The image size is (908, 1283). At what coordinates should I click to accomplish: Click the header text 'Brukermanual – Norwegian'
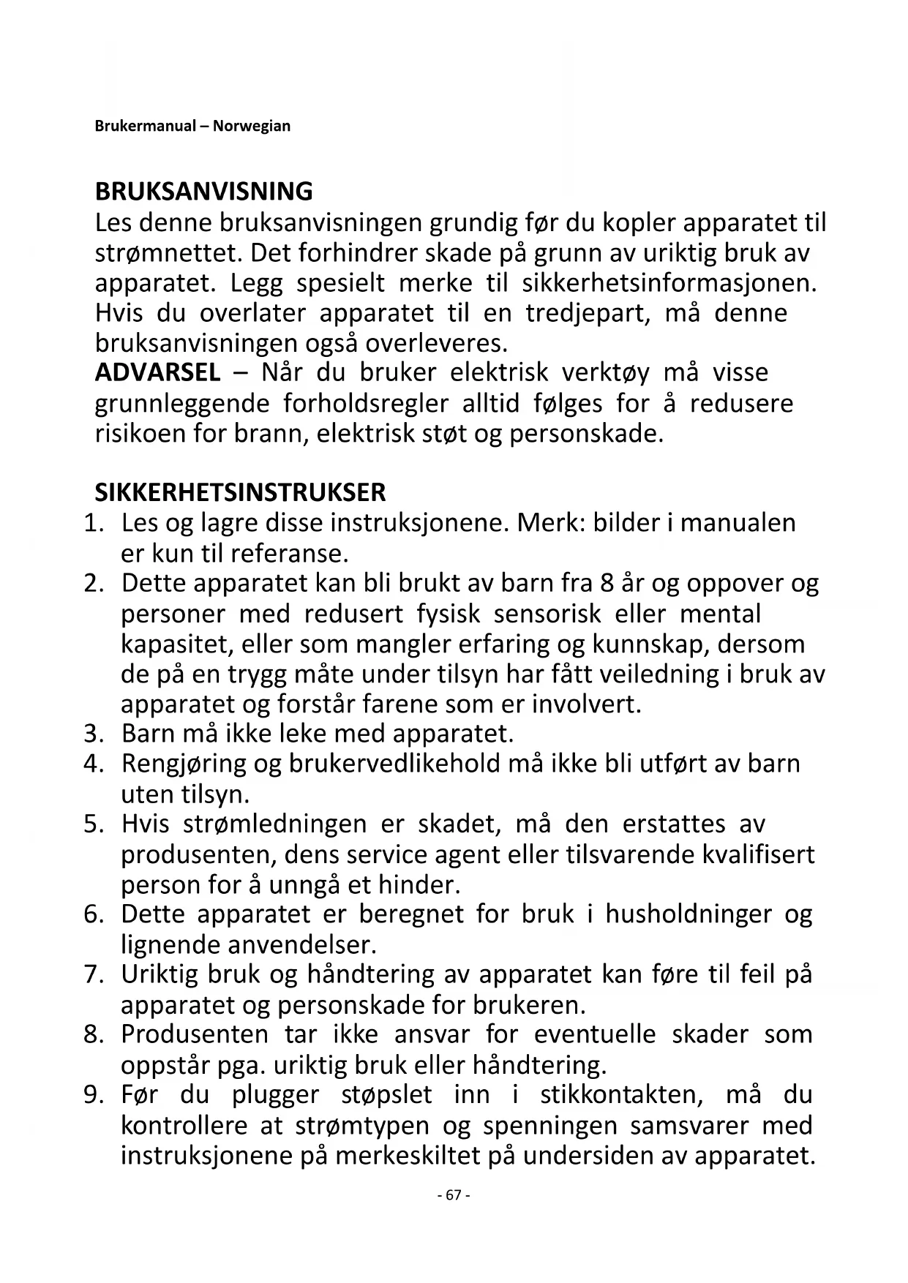[x=192, y=126]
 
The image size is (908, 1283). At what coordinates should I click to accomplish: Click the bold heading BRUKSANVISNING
[x=203, y=192]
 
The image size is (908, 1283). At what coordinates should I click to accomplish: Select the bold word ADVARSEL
[x=157, y=372]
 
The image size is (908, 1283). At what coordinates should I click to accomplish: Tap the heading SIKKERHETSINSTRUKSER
[x=240, y=492]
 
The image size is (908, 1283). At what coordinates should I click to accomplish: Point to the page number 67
[x=453, y=1195]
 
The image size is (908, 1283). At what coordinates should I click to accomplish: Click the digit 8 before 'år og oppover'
[x=605, y=584]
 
